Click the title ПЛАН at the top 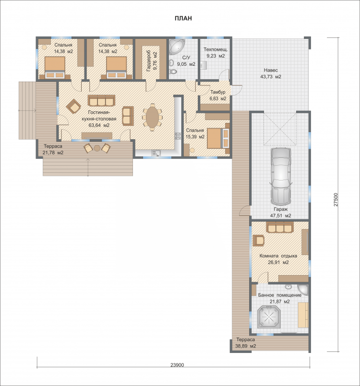(x=183, y=18)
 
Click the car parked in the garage (x=281, y=176)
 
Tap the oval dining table (x=152, y=117)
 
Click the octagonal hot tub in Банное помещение (x=269, y=316)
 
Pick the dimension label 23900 (x=177, y=365)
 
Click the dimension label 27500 (x=336, y=200)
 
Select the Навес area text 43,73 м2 (x=271, y=76)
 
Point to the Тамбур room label (x=218, y=92)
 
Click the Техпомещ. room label (x=216, y=49)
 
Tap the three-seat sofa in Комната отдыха (x=280, y=227)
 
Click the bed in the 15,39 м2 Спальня (x=218, y=138)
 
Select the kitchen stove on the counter (x=178, y=136)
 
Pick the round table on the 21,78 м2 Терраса (x=97, y=148)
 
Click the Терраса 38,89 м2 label (x=246, y=343)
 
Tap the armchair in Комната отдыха (x=259, y=240)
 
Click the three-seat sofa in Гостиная (x=101, y=100)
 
